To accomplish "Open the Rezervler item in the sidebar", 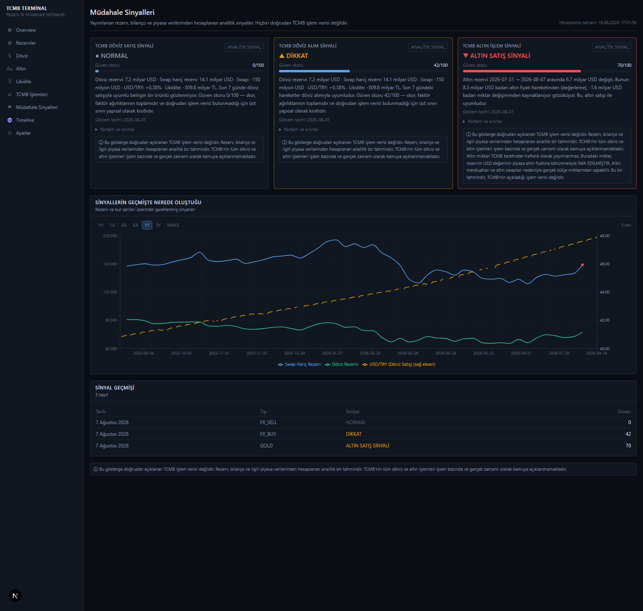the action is coord(26,43).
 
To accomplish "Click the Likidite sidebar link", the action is coord(23,82).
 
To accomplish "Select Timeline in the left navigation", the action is coord(25,120).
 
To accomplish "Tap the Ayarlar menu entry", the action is coord(23,133).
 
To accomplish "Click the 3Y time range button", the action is coord(158,225).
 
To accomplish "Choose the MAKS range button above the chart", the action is coord(173,225).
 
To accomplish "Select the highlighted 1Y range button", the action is coord(147,225).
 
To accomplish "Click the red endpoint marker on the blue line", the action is coord(582,265).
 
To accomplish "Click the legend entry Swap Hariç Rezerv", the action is coord(299,365).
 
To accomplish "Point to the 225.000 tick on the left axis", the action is coord(110,236).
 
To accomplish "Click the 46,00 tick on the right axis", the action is coord(605,264).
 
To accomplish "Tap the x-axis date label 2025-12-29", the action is coord(295,353).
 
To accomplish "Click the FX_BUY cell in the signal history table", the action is coord(268,434).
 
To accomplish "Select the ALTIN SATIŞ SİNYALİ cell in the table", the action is coord(368,446).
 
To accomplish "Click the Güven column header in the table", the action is coord(624,412).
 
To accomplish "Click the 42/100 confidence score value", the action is coord(441,65).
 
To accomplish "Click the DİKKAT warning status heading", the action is coord(294,56).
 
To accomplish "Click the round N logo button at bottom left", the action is coord(15,596).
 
